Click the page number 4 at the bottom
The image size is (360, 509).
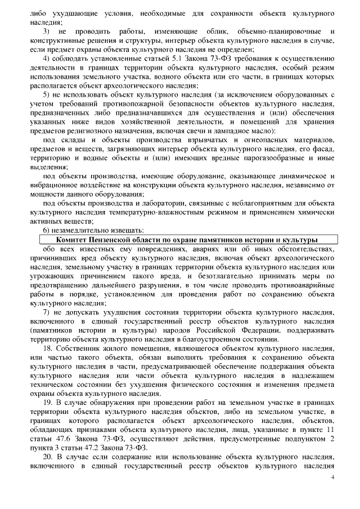point(332,477)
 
